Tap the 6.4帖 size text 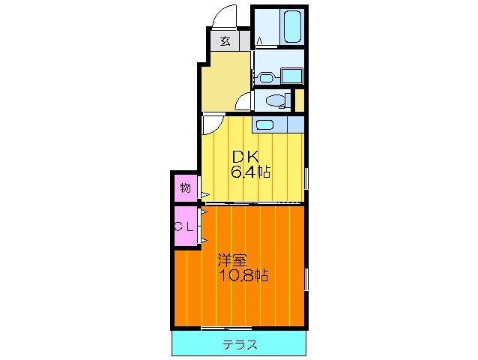(249, 173)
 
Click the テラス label (240, 345)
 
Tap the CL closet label (185, 226)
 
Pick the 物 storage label (185, 187)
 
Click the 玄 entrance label (225, 41)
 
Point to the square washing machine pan (291, 75)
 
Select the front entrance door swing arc (225, 16)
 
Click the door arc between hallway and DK (211, 124)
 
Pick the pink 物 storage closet (185, 187)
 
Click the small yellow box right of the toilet (299, 99)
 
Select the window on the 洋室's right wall (306, 277)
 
